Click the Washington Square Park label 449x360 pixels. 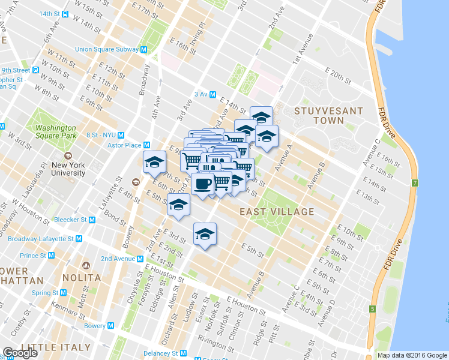(x=56, y=131)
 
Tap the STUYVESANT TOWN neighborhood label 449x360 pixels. (x=328, y=116)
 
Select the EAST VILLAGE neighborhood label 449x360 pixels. (x=277, y=212)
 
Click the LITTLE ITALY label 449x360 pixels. (x=56, y=347)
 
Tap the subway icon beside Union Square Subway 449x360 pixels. (x=144, y=49)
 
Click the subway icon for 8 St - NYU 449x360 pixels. (x=121, y=135)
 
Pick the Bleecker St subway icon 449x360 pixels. (x=92, y=220)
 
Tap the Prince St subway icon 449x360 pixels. (x=52, y=256)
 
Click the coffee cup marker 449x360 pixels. (x=203, y=183)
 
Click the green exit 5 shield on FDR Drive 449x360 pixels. (x=372, y=309)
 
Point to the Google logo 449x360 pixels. (x=20, y=353)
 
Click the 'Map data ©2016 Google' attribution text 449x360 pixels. (x=412, y=355)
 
